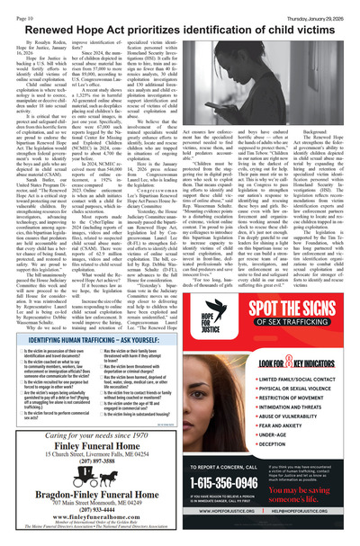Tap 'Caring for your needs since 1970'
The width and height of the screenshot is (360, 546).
102,407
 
